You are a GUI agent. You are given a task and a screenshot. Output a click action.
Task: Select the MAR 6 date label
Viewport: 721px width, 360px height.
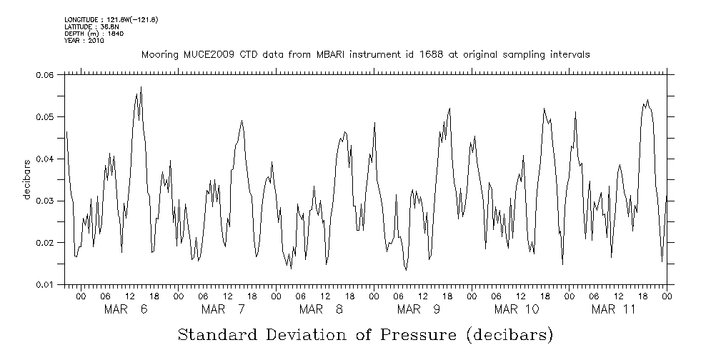click(125, 309)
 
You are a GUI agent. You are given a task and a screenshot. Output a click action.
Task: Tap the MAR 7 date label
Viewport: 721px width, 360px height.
click(223, 309)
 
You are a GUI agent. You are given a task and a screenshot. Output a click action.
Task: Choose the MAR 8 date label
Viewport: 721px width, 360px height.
click(321, 309)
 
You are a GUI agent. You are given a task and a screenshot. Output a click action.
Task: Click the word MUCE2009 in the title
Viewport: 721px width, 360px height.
click(202, 55)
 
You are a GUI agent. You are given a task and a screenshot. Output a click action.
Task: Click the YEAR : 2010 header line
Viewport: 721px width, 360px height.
click(84, 41)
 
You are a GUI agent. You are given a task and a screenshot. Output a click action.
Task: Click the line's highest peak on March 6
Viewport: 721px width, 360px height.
click(141, 87)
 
